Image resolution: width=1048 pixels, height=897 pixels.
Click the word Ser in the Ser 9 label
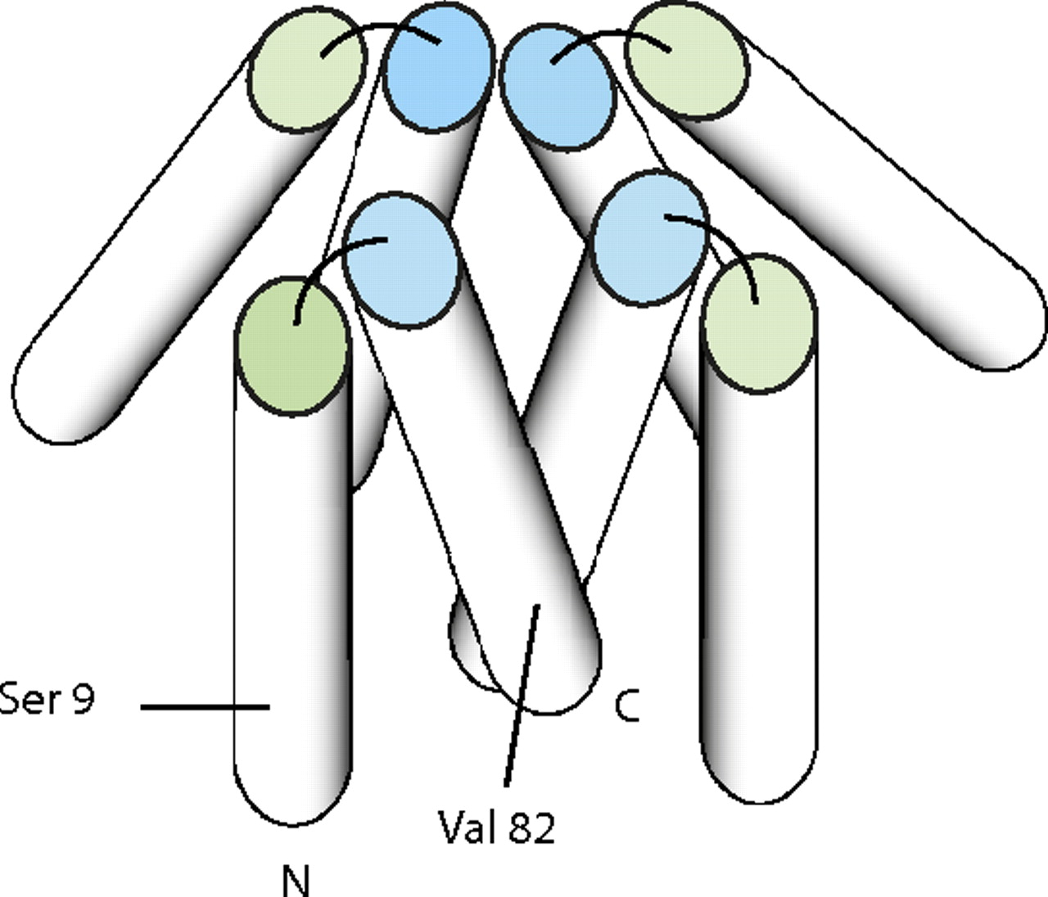[29, 701]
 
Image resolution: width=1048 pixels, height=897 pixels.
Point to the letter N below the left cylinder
[296, 881]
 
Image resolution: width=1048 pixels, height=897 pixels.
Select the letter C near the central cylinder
[626, 705]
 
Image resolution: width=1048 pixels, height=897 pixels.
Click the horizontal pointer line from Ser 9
[205, 706]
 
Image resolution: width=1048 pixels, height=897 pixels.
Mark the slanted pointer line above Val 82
[522, 696]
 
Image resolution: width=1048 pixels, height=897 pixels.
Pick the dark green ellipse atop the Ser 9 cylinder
[291, 345]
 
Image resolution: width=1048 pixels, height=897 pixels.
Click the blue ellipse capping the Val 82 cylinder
[400, 260]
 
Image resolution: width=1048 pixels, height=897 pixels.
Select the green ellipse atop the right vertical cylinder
[759, 322]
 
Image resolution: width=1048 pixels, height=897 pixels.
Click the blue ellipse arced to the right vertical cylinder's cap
[648, 237]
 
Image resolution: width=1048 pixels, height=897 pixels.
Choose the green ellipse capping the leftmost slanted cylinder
[307, 70]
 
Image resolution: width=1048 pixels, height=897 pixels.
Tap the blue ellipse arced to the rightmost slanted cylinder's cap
[557, 88]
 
